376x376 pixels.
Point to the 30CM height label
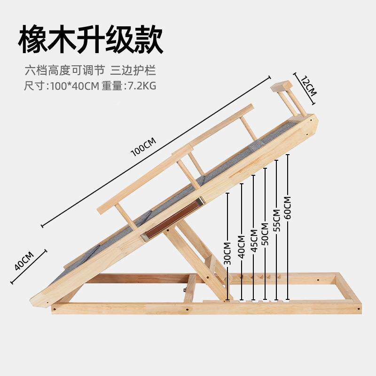pyautogui.click(x=227, y=254)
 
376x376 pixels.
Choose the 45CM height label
pyautogui.click(x=254, y=241)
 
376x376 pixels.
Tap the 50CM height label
pyautogui.click(x=265, y=234)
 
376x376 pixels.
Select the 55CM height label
pyautogui.click(x=277, y=220)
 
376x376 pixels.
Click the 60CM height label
pyautogui.click(x=288, y=207)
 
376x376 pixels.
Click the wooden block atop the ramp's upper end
pyautogui.click(x=281, y=87)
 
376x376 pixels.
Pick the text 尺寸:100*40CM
pyautogui.click(x=61, y=86)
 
